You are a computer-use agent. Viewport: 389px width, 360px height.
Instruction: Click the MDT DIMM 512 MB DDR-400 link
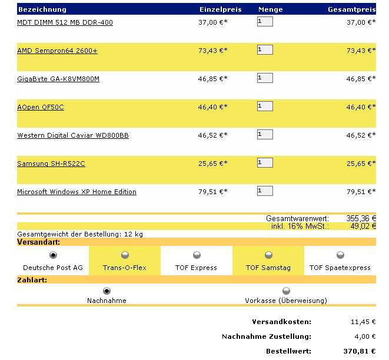(x=65, y=22)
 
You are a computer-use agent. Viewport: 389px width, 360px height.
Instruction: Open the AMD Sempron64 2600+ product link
(x=57, y=51)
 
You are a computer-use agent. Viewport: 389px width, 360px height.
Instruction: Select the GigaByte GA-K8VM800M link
(x=58, y=79)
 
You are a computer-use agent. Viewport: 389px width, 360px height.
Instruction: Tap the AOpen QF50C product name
(x=41, y=107)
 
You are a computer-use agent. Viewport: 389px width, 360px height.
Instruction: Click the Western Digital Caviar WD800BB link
(x=73, y=135)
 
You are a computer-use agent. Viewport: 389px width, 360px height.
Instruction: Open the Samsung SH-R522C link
(x=51, y=164)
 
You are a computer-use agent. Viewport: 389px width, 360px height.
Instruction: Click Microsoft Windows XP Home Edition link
(x=77, y=192)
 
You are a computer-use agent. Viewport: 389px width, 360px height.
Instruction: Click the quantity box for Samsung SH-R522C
(x=265, y=163)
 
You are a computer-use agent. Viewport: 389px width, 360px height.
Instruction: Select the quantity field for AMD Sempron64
(x=265, y=50)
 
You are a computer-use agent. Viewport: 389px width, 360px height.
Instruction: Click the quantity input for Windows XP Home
(x=265, y=191)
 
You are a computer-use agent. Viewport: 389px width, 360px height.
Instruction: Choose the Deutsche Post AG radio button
(x=53, y=255)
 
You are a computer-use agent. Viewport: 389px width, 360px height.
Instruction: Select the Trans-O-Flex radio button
(x=125, y=255)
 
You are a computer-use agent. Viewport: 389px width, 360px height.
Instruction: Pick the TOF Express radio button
(x=197, y=255)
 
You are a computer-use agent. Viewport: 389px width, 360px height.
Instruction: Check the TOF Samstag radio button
(x=268, y=255)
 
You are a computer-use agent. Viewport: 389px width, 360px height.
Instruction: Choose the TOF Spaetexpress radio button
(x=340, y=255)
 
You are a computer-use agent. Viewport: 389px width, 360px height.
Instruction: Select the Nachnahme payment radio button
(x=107, y=291)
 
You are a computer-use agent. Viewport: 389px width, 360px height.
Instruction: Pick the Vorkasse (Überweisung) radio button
(x=286, y=291)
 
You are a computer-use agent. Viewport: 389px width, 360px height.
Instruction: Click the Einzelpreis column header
(x=221, y=9)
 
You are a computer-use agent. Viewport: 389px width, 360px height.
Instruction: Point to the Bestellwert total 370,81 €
(x=360, y=351)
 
